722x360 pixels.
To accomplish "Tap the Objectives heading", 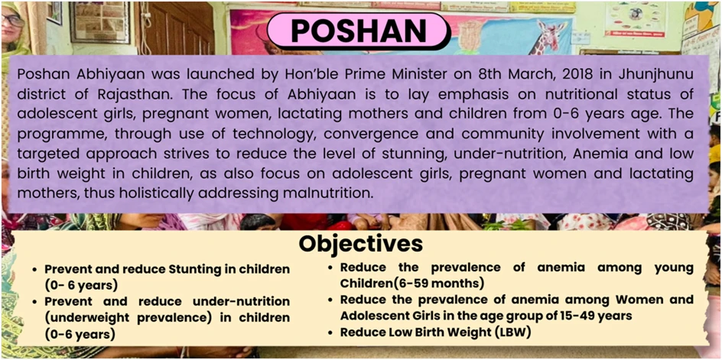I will [x=360, y=244].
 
